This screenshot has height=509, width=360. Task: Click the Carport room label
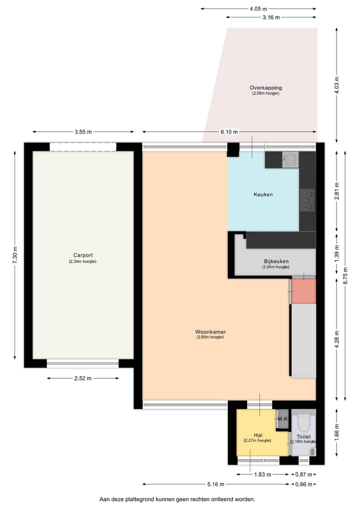82,255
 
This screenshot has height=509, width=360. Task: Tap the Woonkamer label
210,331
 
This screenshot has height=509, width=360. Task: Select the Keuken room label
263,194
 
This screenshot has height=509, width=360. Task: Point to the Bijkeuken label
276,261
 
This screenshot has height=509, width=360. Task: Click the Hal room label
257,435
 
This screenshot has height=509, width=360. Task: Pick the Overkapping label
265,88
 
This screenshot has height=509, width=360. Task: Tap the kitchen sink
290,160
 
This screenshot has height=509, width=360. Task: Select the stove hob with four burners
307,199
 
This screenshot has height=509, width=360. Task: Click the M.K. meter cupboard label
282,418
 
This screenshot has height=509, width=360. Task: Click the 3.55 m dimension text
83,132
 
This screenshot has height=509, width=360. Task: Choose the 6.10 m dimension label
229,132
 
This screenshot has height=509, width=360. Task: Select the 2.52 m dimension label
82,378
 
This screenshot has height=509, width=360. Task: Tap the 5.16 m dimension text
216,484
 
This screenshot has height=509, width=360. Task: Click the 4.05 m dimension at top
258,9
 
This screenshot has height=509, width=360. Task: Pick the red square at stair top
304,291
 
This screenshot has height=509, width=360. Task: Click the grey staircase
303,340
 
